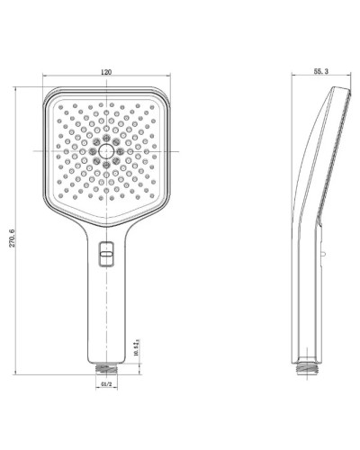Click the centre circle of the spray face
107,148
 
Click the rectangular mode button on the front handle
107,257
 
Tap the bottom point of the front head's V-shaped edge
107,225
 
